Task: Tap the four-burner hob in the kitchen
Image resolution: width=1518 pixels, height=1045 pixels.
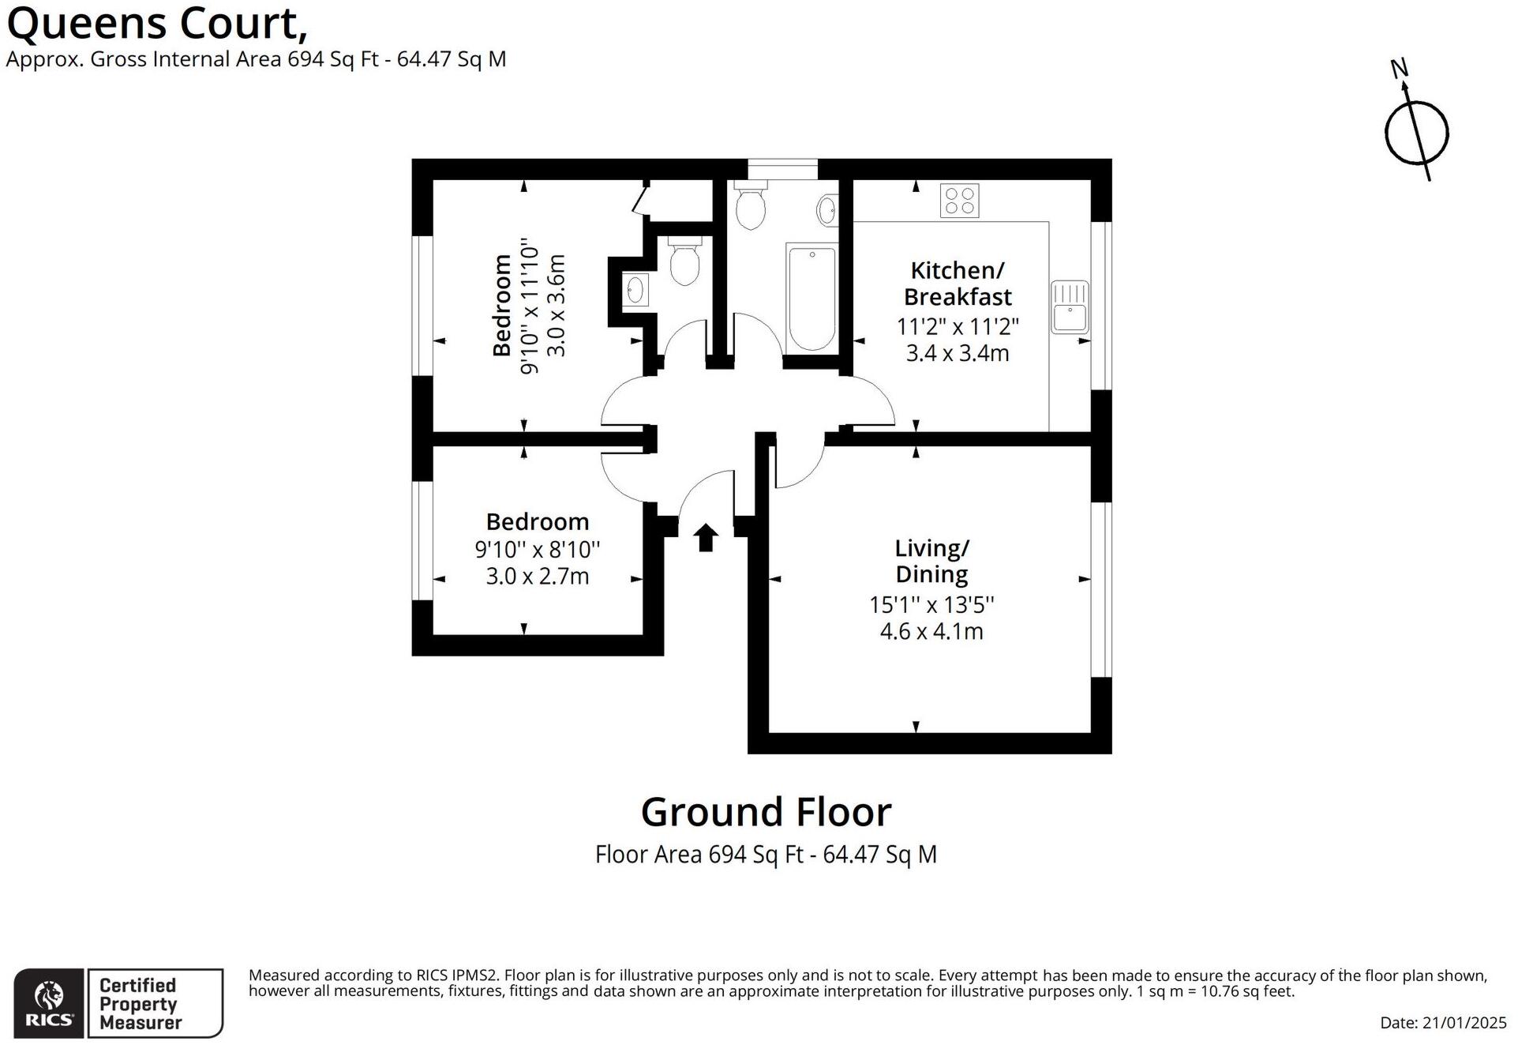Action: coord(959,201)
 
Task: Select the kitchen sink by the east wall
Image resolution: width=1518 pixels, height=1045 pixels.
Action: coord(1070,306)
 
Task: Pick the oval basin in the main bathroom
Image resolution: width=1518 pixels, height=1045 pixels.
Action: coord(827,210)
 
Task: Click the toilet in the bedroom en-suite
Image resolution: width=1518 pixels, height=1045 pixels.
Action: coord(684,261)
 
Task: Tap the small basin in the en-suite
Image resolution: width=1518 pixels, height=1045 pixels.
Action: coord(635,290)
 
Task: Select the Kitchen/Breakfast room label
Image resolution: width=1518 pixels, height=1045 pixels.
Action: coord(958,284)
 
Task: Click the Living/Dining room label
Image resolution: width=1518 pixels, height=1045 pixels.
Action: coord(931,561)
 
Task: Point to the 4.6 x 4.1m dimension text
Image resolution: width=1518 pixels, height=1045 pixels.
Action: coord(931,632)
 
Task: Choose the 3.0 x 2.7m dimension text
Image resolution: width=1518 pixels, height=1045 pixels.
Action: coord(538,577)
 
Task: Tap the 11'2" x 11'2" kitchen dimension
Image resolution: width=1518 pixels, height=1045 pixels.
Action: coord(958,326)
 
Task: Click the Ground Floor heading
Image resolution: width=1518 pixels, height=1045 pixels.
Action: coord(766,812)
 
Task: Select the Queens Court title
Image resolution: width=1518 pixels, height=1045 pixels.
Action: coord(156,24)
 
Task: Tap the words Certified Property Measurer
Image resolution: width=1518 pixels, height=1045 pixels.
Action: coord(140,1004)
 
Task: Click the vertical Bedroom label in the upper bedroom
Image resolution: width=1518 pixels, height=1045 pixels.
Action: coord(502,305)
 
